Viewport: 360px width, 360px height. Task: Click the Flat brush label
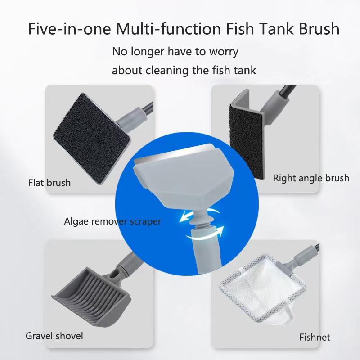[x=49, y=183]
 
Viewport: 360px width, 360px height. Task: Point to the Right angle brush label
[x=311, y=178]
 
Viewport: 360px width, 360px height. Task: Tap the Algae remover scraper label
[x=112, y=221]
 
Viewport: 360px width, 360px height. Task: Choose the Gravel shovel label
[x=54, y=336]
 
